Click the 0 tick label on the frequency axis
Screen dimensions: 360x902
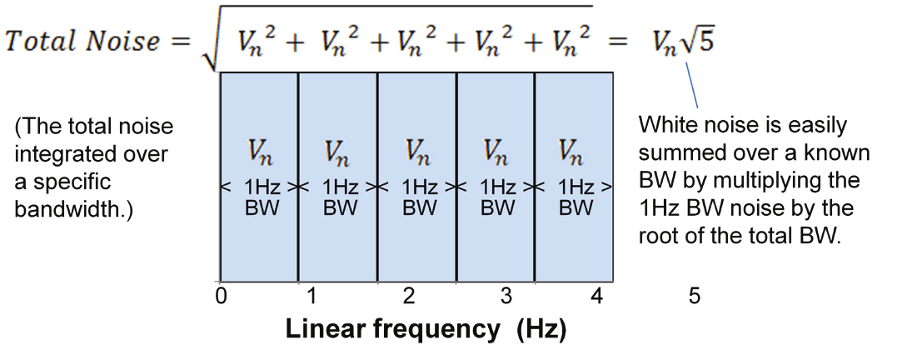[221, 297]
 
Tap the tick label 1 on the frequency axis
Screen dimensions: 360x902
[310, 297]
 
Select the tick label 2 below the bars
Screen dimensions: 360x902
[409, 297]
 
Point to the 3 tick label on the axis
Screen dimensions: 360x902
[506, 297]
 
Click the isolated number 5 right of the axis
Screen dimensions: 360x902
[695, 297]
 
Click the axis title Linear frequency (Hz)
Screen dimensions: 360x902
[426, 329]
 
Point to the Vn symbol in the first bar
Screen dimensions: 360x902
[259, 152]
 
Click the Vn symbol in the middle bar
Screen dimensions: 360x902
[418, 152]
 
